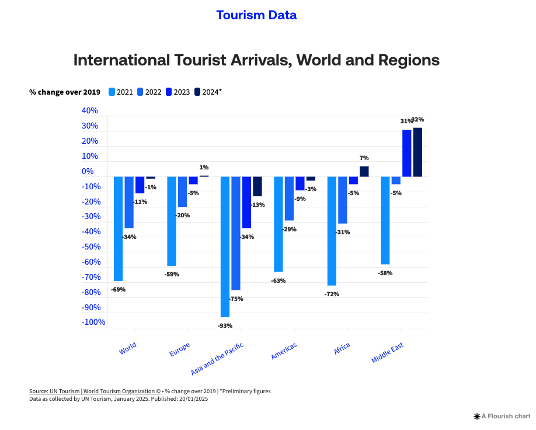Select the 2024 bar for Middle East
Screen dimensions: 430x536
point(417,152)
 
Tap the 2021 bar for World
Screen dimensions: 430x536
point(118,228)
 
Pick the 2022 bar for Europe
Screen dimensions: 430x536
point(182,192)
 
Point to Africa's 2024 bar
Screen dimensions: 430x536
point(364,171)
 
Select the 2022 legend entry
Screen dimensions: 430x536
point(149,92)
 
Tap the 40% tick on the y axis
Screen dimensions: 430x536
point(89,111)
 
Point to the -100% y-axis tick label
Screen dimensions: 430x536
point(93,322)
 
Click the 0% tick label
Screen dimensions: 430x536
point(88,172)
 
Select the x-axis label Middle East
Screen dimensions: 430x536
point(387,353)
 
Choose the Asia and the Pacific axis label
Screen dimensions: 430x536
point(217,359)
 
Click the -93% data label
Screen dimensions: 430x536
point(225,325)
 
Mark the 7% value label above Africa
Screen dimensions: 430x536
point(364,158)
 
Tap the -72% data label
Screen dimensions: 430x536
point(332,294)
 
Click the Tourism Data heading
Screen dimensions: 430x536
point(256,15)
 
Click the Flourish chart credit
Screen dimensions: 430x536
point(502,416)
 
